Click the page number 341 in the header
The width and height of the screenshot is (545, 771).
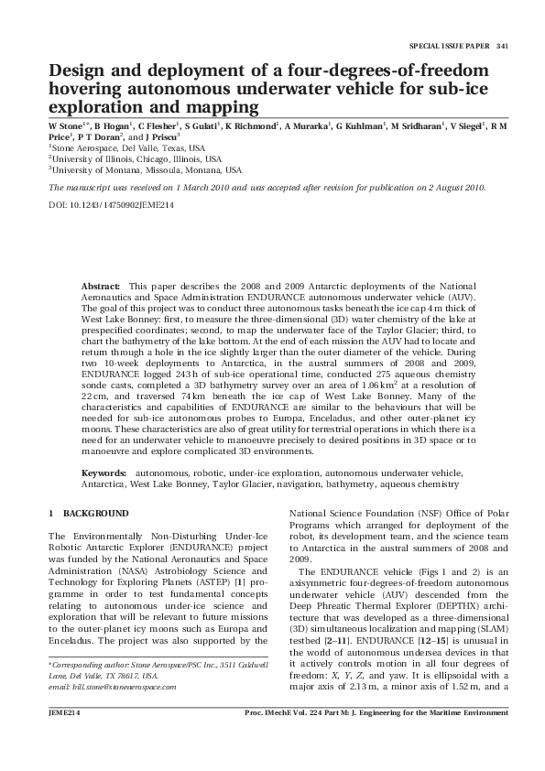(502, 46)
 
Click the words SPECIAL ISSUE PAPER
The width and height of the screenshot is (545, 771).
(450, 46)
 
